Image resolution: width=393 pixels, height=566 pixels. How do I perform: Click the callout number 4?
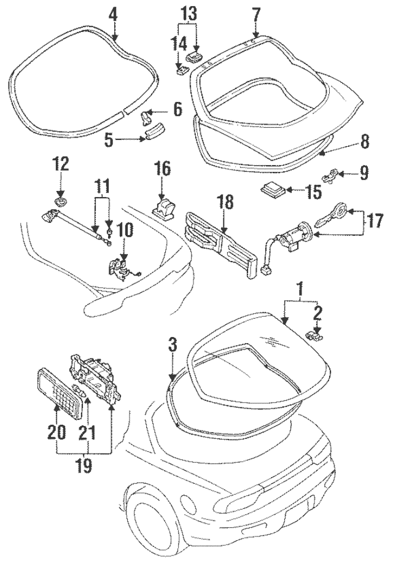tap(114, 14)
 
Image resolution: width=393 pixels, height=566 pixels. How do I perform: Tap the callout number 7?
tap(256, 14)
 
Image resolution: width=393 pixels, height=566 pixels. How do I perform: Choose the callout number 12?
tap(60, 165)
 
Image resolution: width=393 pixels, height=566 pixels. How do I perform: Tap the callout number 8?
tap(364, 142)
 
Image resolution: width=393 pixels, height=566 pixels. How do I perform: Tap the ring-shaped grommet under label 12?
tap(60, 201)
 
